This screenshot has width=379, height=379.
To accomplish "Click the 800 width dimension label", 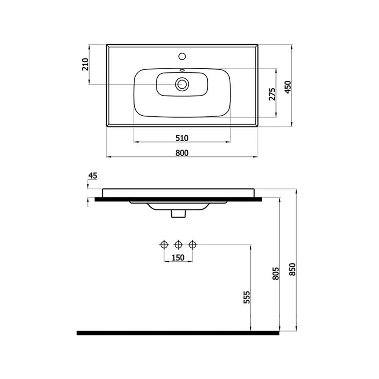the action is tap(182, 153).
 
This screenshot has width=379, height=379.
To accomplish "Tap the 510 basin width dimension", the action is tap(182, 138).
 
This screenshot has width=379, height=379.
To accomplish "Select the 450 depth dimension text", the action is tap(288, 87).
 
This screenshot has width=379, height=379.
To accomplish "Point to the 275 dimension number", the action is tap(272, 94).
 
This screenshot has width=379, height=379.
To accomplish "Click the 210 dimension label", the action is tap(86, 64).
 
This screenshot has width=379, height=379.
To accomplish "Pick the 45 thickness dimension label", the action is tap(92, 175).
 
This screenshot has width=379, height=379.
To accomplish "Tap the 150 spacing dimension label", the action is tap(178, 258).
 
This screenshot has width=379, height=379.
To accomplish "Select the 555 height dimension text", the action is tap(246, 297).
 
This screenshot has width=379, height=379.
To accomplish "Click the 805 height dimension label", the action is tap(276, 273).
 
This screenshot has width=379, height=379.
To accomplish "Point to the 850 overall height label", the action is tap(293, 269).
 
